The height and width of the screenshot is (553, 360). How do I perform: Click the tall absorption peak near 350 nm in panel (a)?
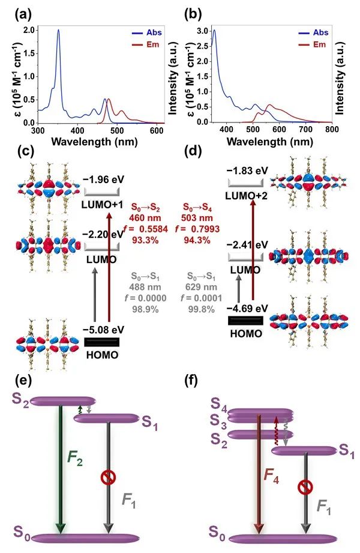click(x=58, y=31)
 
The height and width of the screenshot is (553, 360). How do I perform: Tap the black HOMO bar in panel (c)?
click(x=102, y=342)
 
